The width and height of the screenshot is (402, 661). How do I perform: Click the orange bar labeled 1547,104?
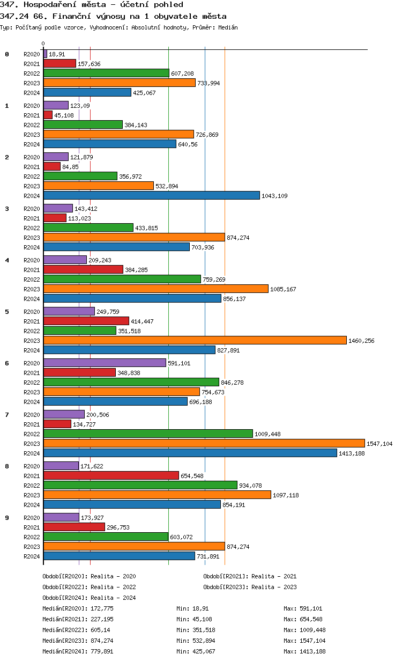pos(204,443)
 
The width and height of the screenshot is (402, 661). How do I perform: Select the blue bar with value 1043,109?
pos(151,195)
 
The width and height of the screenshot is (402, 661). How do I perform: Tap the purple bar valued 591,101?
pos(105,363)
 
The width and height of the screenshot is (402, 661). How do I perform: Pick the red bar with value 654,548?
pos(111,475)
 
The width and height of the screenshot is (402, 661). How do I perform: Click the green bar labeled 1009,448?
pos(148,434)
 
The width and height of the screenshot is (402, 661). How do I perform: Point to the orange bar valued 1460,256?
pos(195,340)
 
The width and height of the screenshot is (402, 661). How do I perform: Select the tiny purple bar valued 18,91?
pos(45,54)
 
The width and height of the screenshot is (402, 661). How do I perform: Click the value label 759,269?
pos(215,280)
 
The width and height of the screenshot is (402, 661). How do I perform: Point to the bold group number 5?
pos(7,312)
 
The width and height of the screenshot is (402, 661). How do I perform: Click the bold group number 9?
pos(7,518)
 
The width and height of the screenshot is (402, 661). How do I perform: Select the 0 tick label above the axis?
pos(43,43)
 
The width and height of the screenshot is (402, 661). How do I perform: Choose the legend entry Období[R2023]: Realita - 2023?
pos(250,587)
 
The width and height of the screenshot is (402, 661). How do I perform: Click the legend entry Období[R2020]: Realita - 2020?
pos(89,576)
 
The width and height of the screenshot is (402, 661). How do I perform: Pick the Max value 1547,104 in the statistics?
pos(304,641)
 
